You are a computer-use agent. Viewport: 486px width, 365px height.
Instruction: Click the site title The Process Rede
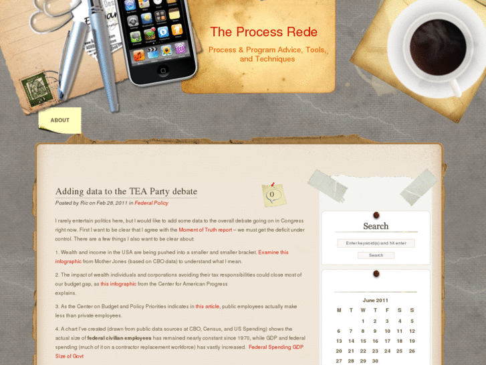coord(264,32)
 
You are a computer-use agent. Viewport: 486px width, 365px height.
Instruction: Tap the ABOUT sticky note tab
coord(59,121)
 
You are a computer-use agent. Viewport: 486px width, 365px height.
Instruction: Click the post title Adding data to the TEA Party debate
coord(126,192)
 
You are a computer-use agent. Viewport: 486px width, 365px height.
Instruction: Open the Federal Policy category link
coord(151,203)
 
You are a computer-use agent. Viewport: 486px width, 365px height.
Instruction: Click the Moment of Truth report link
coord(205,230)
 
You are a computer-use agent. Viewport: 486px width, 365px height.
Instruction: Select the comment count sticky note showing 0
coord(273,195)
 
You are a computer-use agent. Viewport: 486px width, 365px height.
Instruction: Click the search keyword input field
coord(376,243)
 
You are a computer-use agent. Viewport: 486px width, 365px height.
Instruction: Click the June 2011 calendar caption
coord(375,301)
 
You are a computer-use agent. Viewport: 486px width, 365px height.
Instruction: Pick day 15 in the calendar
coord(363,341)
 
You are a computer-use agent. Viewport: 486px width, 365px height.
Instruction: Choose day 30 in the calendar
coord(375,361)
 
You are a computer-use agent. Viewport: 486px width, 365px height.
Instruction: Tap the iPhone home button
coord(163,70)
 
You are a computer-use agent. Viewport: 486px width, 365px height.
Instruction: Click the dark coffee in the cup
coord(438,48)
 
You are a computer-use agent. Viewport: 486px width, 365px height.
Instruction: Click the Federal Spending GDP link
coord(276,347)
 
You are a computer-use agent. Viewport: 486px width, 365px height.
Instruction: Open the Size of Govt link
coord(69,356)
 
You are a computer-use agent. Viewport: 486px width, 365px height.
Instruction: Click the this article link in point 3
coord(207,306)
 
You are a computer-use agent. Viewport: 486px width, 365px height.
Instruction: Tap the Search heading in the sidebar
coord(376,226)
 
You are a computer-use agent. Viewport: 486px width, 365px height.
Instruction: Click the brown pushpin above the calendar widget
coord(376,274)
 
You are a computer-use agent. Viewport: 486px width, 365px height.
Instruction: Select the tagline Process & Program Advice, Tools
coord(267,50)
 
